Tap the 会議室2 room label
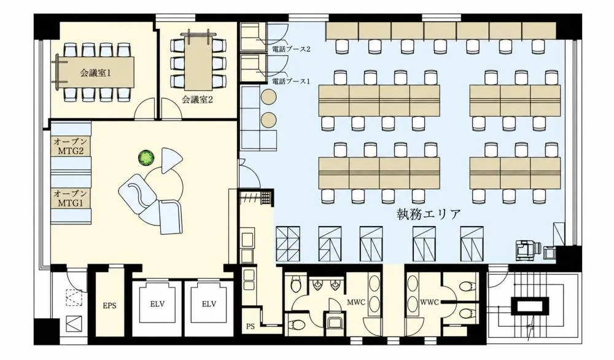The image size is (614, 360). [x=197, y=100]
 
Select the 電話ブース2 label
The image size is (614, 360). [x=291, y=49]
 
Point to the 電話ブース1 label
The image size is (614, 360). [x=291, y=81]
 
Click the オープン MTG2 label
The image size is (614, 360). [x=71, y=146]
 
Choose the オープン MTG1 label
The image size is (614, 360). [x=71, y=198]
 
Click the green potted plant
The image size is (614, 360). [x=146, y=158]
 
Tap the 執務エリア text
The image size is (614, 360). [x=429, y=214]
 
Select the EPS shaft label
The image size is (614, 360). [x=110, y=305]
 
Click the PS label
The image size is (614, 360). [x=251, y=326]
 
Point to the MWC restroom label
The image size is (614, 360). [x=356, y=302]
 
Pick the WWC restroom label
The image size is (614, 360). [x=429, y=302]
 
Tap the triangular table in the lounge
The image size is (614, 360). [x=171, y=159]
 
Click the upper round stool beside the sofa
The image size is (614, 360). [x=269, y=96]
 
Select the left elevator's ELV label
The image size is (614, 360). [x=157, y=304]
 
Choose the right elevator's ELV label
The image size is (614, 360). [x=209, y=304]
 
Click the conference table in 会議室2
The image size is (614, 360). [x=199, y=62]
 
